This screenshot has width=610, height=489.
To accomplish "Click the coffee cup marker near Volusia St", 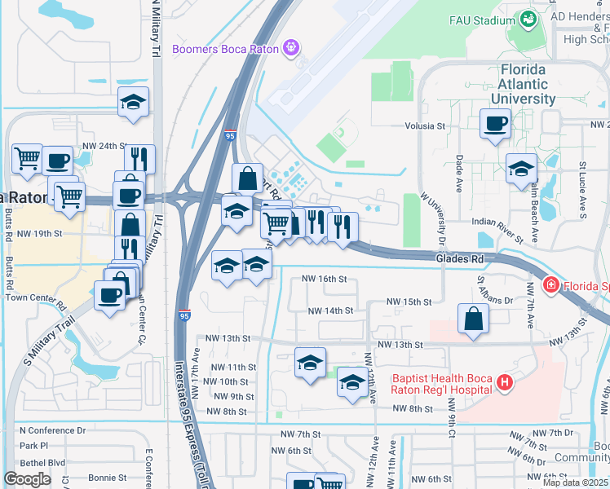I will click(495, 125).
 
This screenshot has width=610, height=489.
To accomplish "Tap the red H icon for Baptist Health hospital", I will click(506, 381).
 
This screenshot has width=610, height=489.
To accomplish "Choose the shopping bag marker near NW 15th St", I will click(473, 319).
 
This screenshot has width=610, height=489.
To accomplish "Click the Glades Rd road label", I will click(459, 258).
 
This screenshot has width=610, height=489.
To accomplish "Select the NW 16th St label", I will click(324, 279).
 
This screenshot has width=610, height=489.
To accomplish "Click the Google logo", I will click(27, 478).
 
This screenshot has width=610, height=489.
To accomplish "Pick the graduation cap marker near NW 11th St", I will click(310, 363).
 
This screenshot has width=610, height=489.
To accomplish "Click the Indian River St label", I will click(497, 230).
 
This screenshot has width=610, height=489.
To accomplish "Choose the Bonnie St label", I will click(108, 477).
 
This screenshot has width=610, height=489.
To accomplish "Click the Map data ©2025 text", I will click(575, 482).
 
